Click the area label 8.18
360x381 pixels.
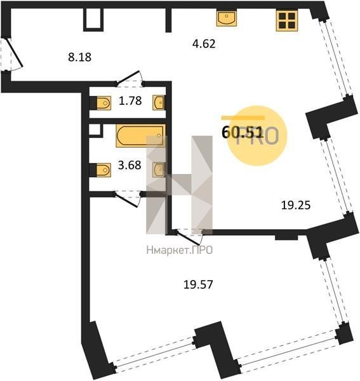click(x=79, y=57)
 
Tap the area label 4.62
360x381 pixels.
click(x=204, y=44)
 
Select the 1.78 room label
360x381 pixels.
click(x=130, y=100)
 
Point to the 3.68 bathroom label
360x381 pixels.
click(x=130, y=165)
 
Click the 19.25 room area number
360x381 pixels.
click(x=296, y=205)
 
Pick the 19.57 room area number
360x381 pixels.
click(x=198, y=284)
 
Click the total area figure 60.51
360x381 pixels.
click(x=243, y=133)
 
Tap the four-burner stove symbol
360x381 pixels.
click(x=286, y=21)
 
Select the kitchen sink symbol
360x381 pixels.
click(x=227, y=18)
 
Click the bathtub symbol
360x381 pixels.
click(x=141, y=136)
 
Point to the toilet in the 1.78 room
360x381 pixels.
click(x=103, y=103)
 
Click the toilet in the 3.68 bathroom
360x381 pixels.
click(x=103, y=170)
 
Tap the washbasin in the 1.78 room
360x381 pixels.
click(x=158, y=103)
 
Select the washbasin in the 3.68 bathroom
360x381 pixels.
click(x=158, y=170)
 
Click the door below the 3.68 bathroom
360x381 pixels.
click(x=127, y=199)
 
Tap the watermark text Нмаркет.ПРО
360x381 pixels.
click(x=180, y=250)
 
